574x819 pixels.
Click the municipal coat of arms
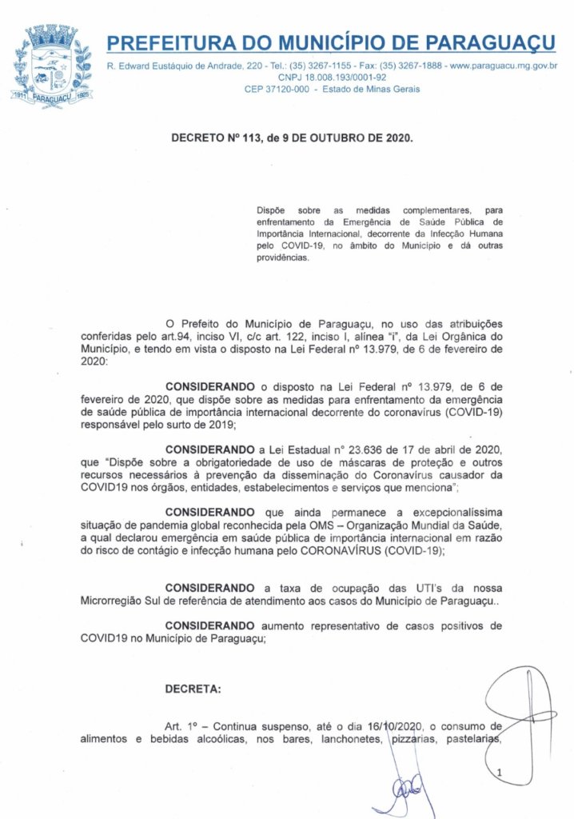51,63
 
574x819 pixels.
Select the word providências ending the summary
281,258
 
